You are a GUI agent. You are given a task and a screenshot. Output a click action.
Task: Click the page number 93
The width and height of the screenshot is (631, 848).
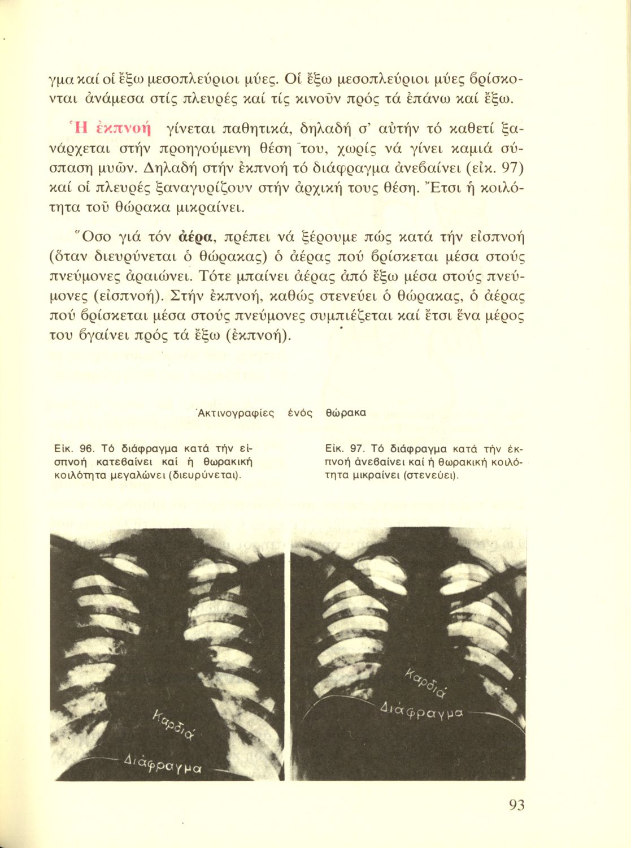pos(516,805)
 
